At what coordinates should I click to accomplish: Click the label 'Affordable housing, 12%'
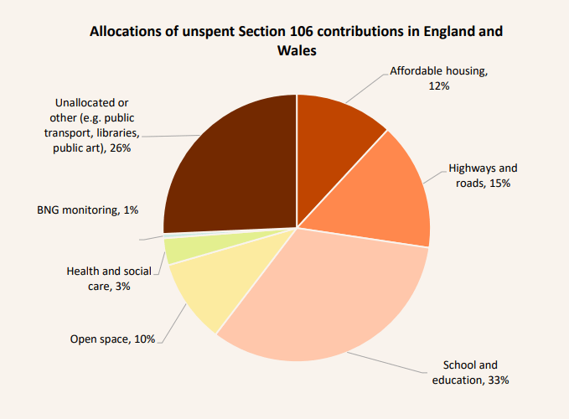(x=438, y=79)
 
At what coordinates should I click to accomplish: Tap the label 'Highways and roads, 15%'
(x=483, y=175)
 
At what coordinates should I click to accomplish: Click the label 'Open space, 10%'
(x=112, y=339)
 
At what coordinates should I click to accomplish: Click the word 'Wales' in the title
(x=296, y=51)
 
